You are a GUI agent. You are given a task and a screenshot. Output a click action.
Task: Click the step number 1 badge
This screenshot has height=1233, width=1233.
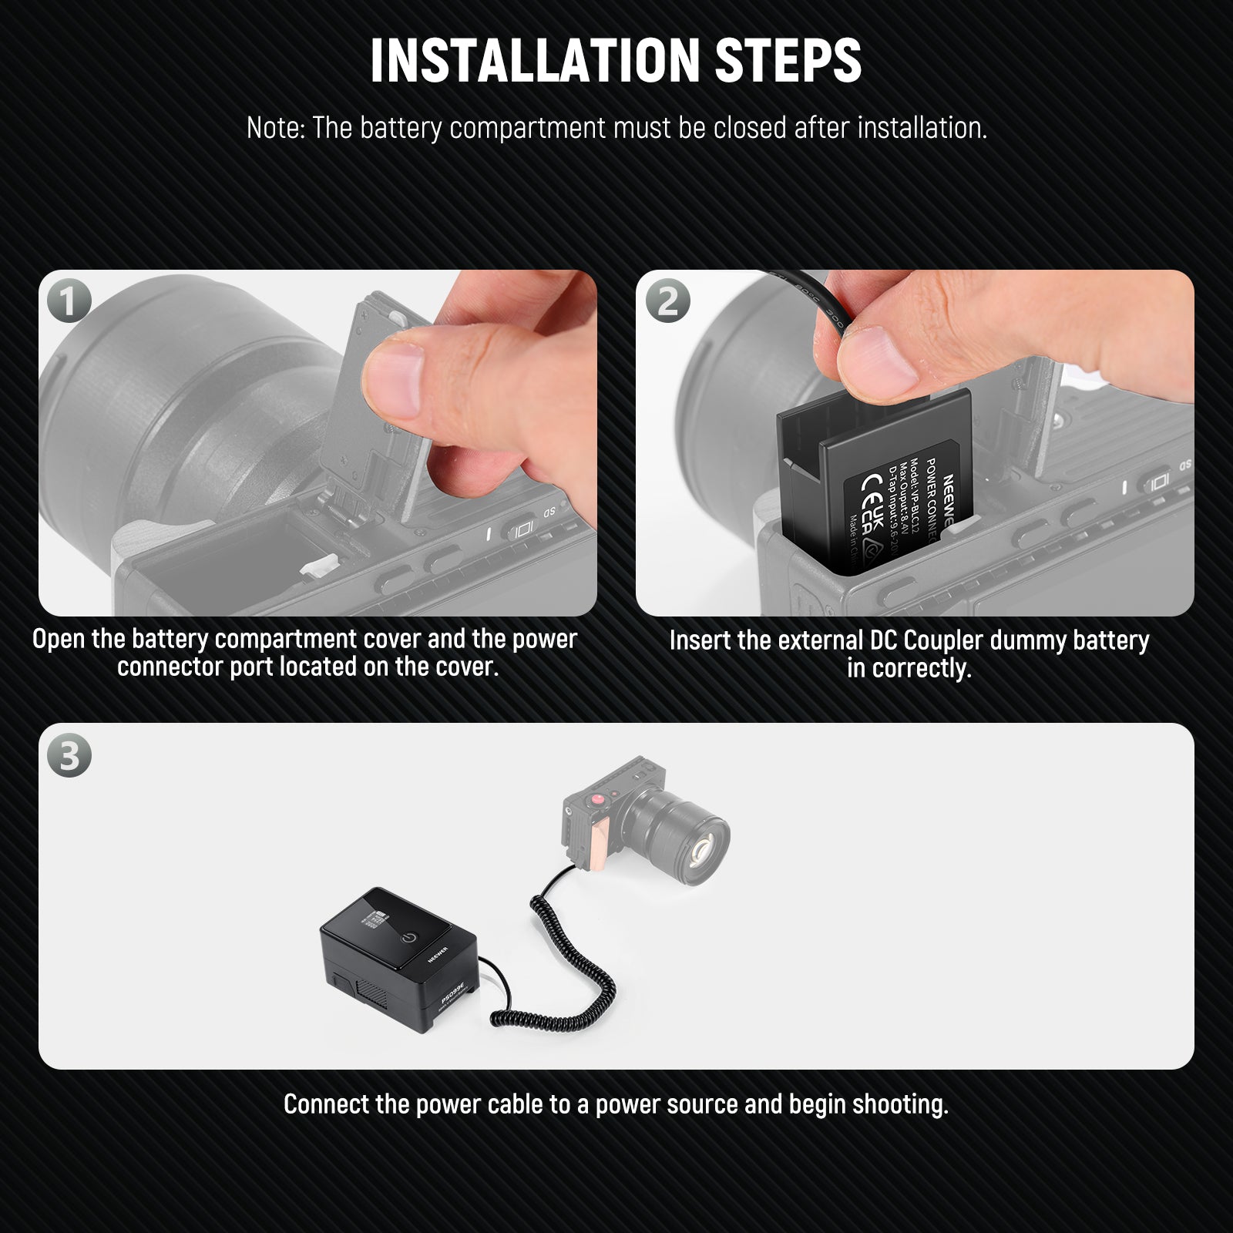click(x=69, y=301)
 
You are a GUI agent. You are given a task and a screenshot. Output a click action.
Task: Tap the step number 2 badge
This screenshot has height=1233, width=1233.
click(x=667, y=301)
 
